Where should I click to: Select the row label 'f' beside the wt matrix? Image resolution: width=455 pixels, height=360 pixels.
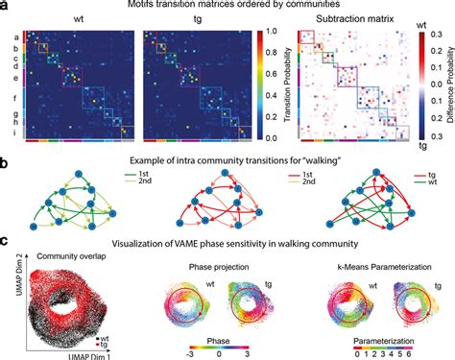point(14,98)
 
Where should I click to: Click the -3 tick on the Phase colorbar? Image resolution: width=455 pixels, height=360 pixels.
point(199,352)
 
